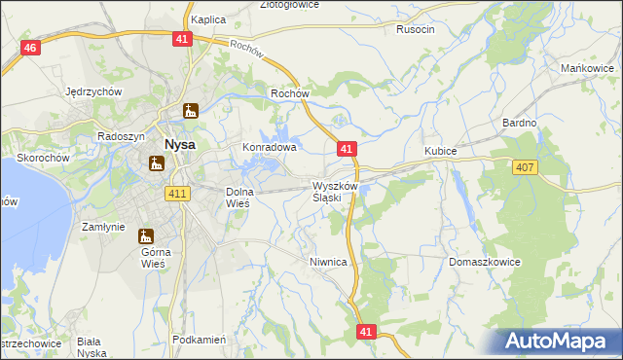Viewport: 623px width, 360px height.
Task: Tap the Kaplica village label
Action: click(208, 19)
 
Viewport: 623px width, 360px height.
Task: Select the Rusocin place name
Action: click(416, 29)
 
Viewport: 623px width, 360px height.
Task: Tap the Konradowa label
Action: click(269, 148)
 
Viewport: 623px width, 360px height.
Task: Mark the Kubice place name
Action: click(441, 151)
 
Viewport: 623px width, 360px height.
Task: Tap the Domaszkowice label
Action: click(486, 263)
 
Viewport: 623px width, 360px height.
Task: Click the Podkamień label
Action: click(198, 340)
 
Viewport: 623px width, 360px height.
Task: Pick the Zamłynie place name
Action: click(102, 226)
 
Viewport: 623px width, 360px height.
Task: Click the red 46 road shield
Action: click(31, 49)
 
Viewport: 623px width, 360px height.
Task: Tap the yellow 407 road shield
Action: click(525, 168)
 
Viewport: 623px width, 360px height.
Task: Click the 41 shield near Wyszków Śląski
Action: click(348, 149)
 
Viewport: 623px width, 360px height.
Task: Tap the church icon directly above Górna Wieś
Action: click(146, 236)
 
